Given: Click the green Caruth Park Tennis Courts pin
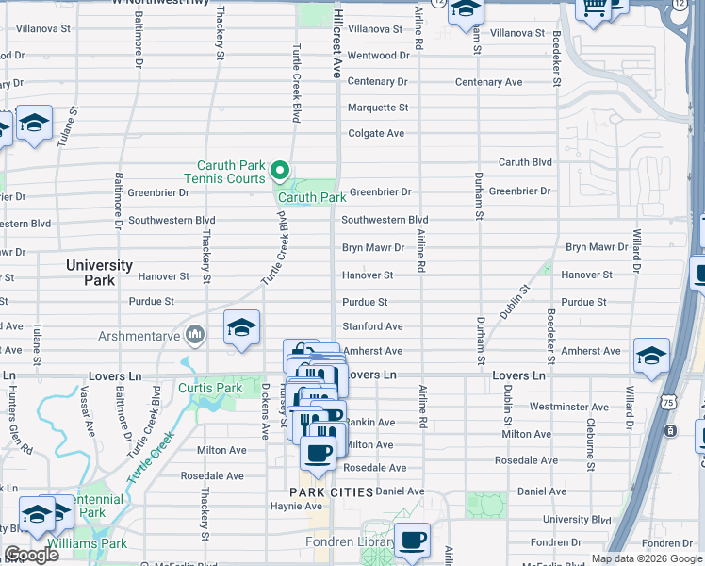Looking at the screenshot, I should [280, 171].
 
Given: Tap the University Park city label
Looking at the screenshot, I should [99, 273].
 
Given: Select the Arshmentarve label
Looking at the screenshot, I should [139, 335].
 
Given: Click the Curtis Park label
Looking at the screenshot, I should [210, 388].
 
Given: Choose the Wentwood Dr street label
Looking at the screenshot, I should [378, 56].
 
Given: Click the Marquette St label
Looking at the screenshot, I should [377, 108].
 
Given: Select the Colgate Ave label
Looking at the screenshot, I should [376, 133].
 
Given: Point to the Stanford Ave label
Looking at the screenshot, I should [372, 326].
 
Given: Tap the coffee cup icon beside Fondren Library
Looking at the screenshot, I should [412, 541].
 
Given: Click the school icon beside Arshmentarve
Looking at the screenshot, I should [241, 327].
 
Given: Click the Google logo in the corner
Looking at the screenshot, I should [32, 554].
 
